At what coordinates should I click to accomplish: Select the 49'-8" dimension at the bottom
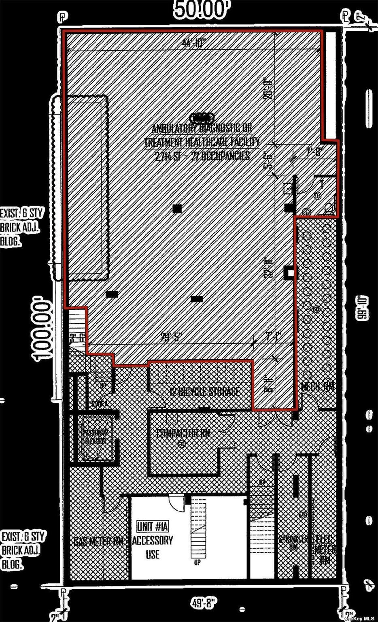pyautogui.click(x=205, y=603)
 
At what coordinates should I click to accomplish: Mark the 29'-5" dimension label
pyautogui.click(x=172, y=337)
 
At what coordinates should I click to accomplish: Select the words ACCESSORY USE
pyautogui.click(x=153, y=547)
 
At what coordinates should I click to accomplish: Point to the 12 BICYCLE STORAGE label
pyautogui.click(x=204, y=392)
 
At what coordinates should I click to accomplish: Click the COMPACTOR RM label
pyautogui.click(x=184, y=433)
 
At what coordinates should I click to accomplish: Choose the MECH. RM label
pyautogui.click(x=318, y=387)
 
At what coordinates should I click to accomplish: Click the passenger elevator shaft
pyautogui.click(x=94, y=438)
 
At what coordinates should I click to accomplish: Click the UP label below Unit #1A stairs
pyautogui.click(x=197, y=562)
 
